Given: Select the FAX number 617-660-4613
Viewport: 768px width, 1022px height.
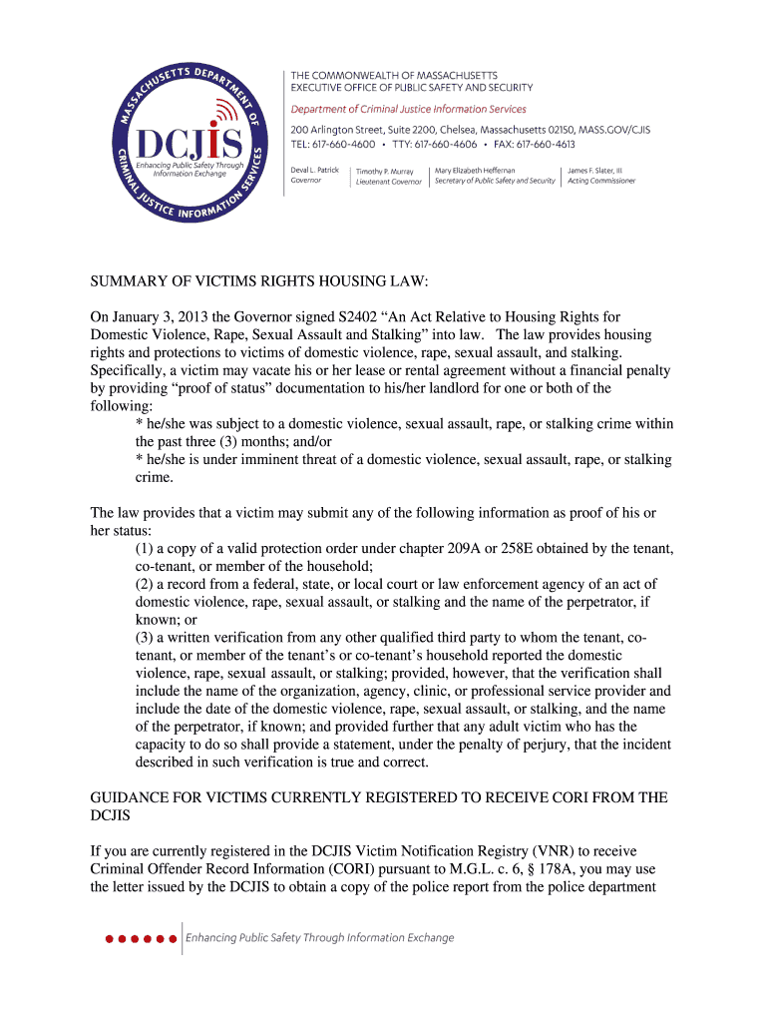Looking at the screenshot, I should tap(546, 144).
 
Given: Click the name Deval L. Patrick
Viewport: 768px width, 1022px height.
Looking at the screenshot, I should tap(315, 170).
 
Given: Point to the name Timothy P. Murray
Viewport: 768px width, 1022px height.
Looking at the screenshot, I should tap(385, 171).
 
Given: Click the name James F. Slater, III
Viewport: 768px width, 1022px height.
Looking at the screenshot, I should tap(594, 170).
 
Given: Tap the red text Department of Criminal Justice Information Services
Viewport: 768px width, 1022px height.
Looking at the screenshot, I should tap(408, 109).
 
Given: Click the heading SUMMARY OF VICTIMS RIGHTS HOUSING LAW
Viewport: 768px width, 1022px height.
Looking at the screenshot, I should tap(258, 282).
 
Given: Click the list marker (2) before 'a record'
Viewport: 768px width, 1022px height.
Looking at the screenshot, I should tap(146, 584).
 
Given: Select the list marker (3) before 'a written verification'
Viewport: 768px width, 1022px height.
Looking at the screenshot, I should tap(146, 637).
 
